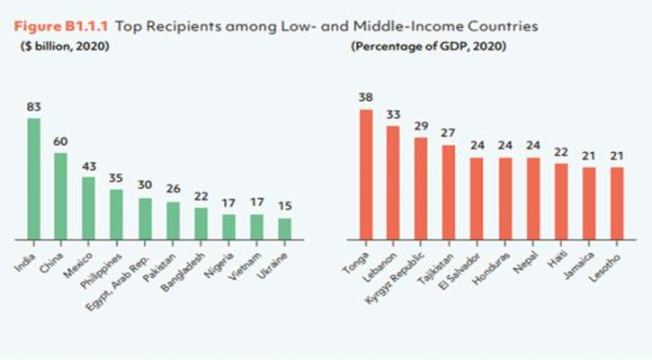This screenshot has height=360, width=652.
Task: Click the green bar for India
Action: coord(33,179)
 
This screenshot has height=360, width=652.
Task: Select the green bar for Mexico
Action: coord(89,208)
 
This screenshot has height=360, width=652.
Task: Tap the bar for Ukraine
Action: coord(284,229)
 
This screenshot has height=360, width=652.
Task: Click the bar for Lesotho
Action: coord(616,203)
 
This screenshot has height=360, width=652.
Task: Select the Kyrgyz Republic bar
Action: coord(421,189)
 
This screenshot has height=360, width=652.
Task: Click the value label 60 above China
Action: coord(61,142)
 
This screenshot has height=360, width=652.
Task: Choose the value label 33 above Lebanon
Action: coord(393,116)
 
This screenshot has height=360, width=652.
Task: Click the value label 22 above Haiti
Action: coord(560,153)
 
